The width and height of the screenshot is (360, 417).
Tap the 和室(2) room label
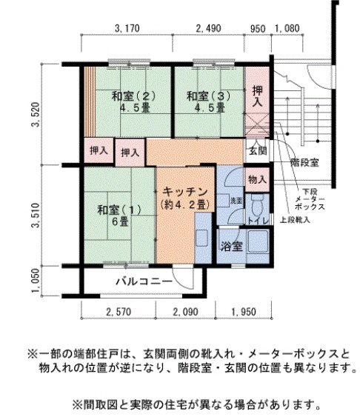point(134,96)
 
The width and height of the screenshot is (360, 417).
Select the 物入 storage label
point(256,180)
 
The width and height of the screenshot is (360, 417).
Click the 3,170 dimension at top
point(127,29)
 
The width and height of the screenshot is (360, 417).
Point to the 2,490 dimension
point(208,29)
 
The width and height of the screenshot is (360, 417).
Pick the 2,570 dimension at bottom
point(119,312)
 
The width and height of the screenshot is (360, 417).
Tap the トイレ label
point(257,220)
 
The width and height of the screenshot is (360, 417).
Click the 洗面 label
point(236,200)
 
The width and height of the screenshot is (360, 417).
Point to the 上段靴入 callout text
point(299,220)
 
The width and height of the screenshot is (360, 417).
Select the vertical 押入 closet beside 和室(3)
point(257,96)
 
